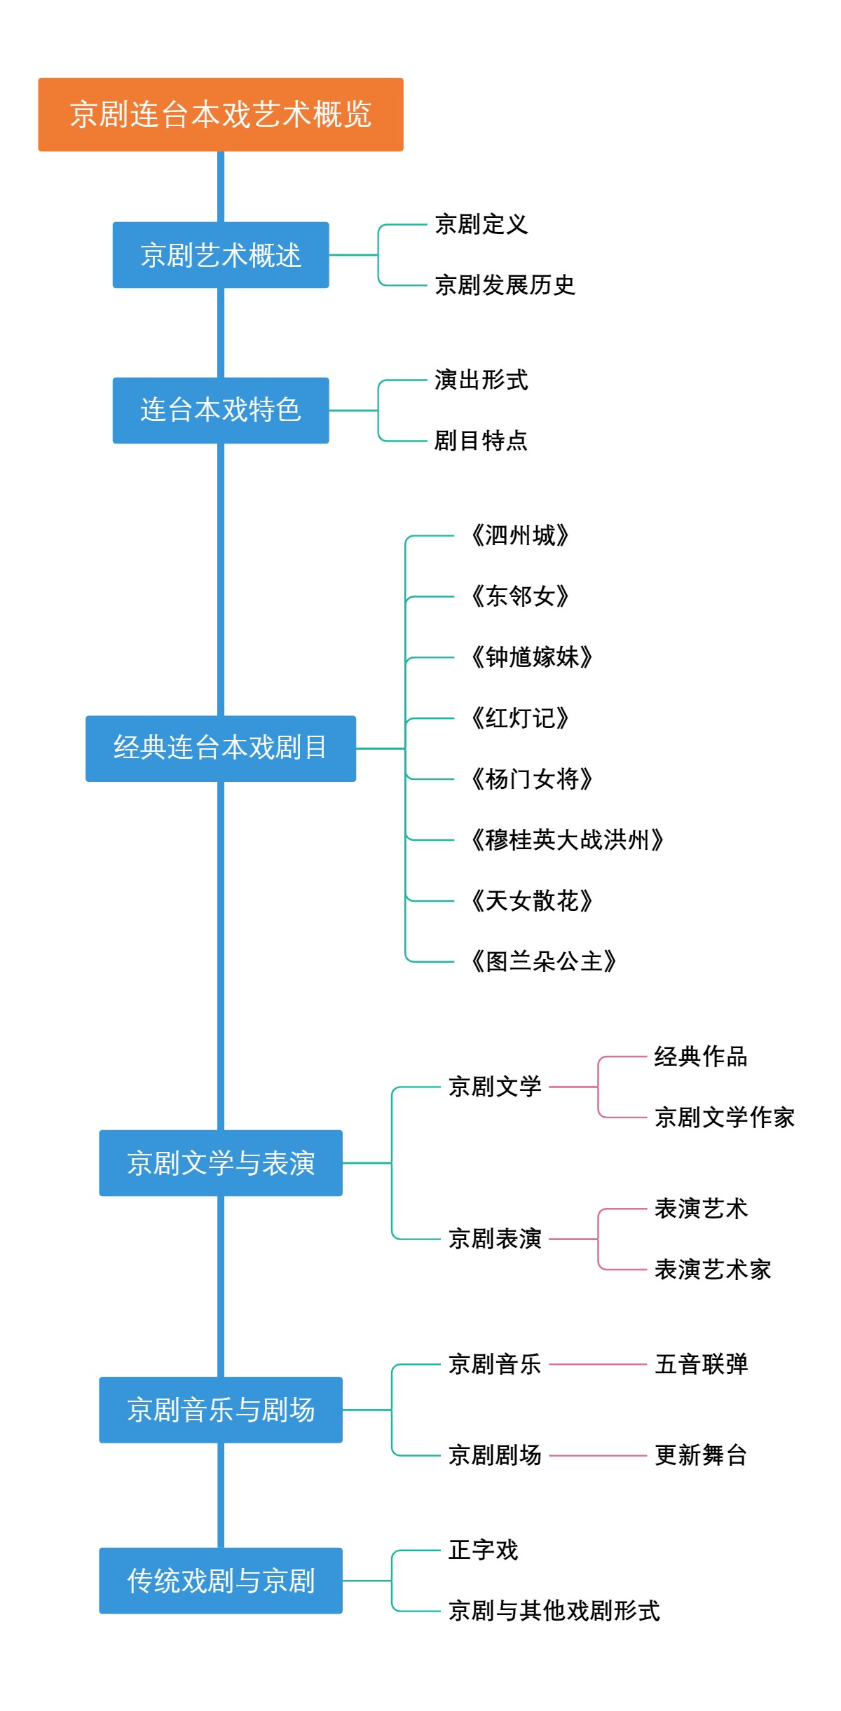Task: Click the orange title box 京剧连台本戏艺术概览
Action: [x=221, y=114]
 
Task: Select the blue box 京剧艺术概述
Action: [x=221, y=255]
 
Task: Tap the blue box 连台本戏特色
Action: [x=221, y=411]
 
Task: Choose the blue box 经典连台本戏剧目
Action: [x=221, y=748]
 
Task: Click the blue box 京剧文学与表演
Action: [x=221, y=1163]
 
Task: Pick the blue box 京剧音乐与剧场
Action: [x=221, y=1410]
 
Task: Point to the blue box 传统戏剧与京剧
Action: [x=221, y=1581]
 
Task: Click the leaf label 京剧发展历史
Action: [x=505, y=285]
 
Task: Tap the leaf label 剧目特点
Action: [x=481, y=441]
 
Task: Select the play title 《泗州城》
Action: [x=519, y=536]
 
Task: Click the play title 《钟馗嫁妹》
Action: [x=531, y=657]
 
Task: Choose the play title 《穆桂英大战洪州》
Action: [x=566, y=839]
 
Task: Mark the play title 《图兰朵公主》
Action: [x=543, y=961]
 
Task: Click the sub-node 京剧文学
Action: [x=495, y=1087]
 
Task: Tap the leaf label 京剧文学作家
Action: [x=725, y=1118]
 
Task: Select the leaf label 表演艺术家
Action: [x=713, y=1270]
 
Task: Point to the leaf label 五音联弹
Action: [x=701, y=1364]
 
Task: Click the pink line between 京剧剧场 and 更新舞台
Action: [x=598, y=1455]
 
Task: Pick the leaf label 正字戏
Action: [x=483, y=1550]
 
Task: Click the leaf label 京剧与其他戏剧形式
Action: [x=554, y=1611]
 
